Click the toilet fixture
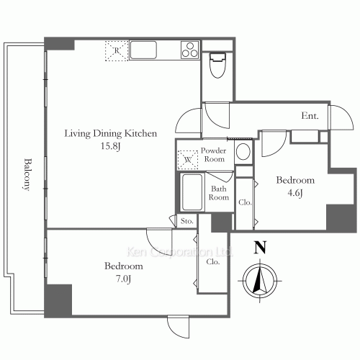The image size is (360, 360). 217,66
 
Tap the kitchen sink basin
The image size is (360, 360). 143,50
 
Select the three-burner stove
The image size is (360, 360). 190,50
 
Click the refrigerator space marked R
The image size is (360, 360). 117,51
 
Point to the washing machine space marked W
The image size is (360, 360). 188,160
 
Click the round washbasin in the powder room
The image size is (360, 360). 243,152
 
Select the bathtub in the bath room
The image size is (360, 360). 192,192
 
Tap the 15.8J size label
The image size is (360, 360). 110,146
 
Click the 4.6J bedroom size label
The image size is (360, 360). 295,193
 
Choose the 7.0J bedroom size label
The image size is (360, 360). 124,279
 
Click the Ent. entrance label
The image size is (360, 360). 310,116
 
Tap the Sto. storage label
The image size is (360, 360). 187,221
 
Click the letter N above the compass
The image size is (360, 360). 260,248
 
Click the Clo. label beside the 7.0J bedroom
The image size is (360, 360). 213,262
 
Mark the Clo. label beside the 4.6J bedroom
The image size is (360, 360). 245,202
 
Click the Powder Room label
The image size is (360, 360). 214,155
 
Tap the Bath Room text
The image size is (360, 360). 219,193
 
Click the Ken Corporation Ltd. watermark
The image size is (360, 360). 179,252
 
